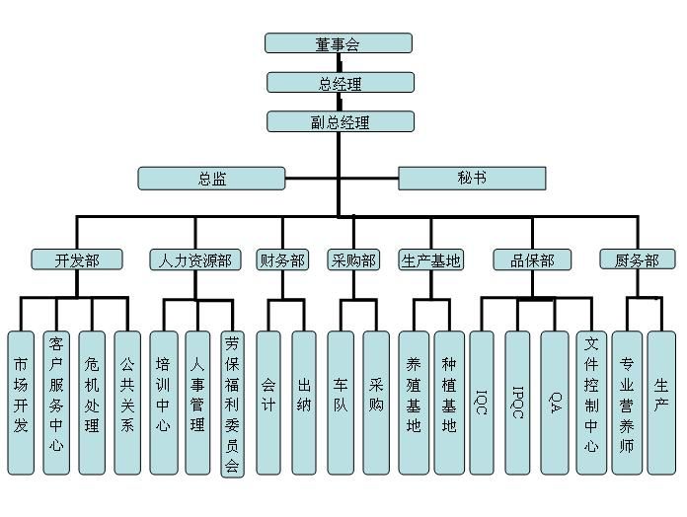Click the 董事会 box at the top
[339, 43]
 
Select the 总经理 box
[340, 83]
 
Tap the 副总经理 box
[340, 122]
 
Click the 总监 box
[211, 179]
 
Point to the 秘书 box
[471, 179]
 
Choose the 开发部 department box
[78, 260]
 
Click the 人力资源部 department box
[195, 260]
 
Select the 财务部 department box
[281, 260]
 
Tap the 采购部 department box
[352, 260]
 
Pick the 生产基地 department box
[431, 260]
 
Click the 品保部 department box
[532, 260]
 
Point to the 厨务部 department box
[637, 260]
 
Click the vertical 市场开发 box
[21, 402]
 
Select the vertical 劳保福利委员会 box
[232, 404]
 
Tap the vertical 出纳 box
[304, 402]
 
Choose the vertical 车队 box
[340, 402]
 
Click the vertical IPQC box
[517, 402]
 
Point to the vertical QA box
[555, 402]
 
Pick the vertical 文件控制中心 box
[590, 402]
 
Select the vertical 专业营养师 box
[626, 402]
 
